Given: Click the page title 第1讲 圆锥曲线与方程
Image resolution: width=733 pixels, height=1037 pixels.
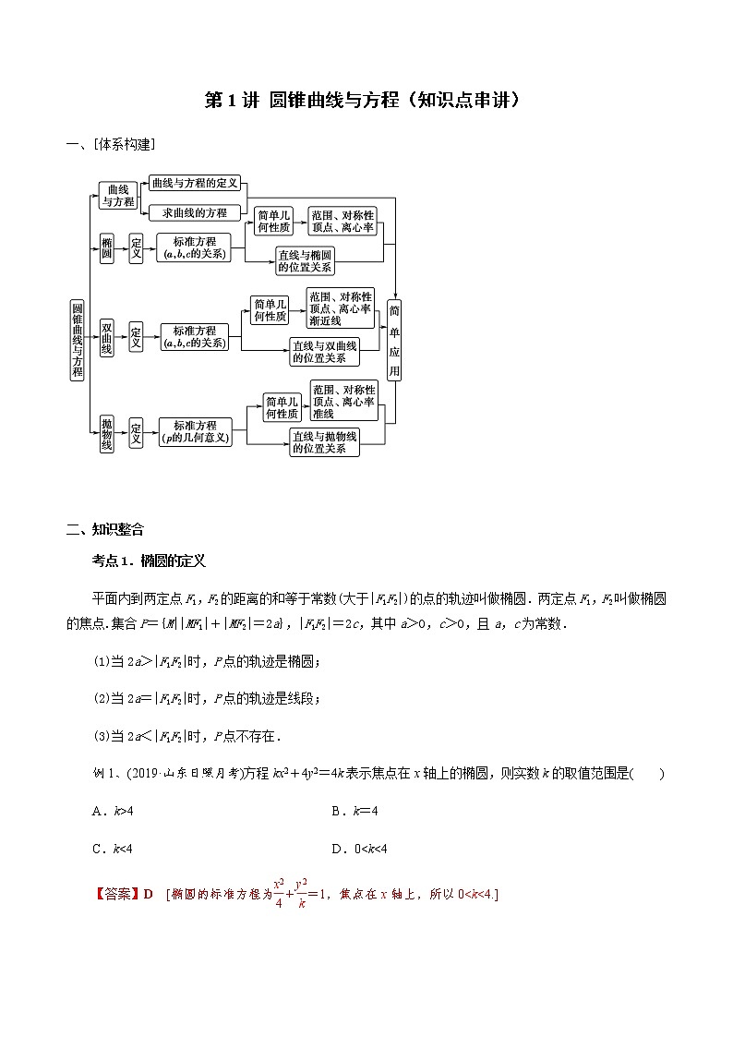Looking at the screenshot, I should pyautogui.click(x=366, y=101).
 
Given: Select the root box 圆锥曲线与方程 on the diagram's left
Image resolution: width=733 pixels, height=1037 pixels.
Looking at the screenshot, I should pyautogui.click(x=78, y=340).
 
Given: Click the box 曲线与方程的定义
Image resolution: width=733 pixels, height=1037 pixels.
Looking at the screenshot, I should pyautogui.click(x=195, y=183).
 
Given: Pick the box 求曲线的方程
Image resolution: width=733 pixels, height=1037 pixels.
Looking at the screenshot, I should pyautogui.click(x=195, y=212).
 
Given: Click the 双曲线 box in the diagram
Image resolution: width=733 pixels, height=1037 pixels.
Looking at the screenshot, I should pyautogui.click(x=107, y=338).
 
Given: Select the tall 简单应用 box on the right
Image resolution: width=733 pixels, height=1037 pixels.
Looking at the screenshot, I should pyautogui.click(x=394, y=340).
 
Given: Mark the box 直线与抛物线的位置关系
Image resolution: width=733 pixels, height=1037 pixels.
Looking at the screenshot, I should pyautogui.click(x=324, y=441).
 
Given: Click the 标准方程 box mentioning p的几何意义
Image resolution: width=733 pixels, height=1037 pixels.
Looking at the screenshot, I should pyautogui.click(x=195, y=431).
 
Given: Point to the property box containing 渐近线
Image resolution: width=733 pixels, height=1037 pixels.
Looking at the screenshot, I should pyautogui.click(x=342, y=308).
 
